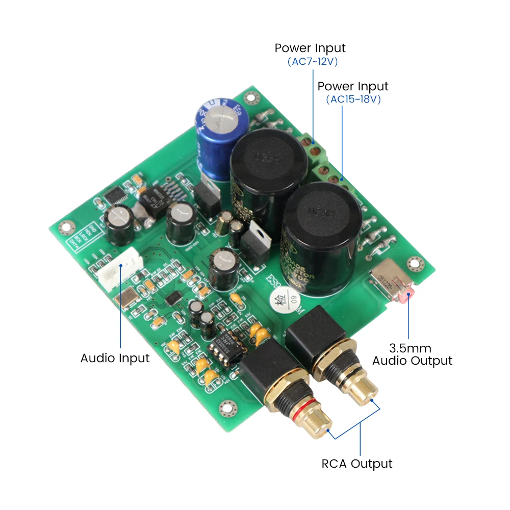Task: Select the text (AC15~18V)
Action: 353,99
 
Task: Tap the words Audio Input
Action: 115,358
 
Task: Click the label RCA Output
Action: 357,464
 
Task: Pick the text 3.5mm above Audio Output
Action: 410,349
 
